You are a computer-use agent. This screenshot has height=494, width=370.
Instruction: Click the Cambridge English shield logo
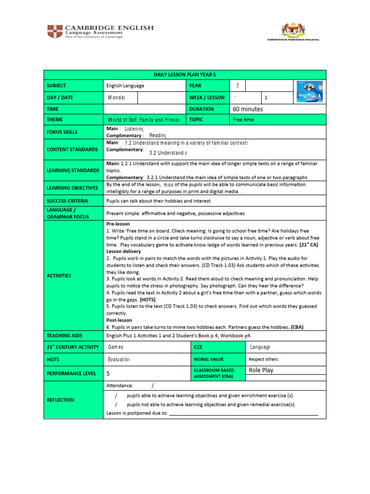[54, 32]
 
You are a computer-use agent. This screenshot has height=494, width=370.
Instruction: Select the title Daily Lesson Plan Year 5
[185, 75]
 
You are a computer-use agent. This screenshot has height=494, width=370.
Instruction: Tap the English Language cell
[125, 86]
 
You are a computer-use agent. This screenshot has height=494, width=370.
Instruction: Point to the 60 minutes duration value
[248, 109]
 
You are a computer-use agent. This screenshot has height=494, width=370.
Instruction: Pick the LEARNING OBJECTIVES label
[72, 188]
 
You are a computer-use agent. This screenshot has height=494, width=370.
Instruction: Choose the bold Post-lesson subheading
[119, 320]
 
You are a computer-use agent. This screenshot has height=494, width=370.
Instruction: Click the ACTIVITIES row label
[59, 275]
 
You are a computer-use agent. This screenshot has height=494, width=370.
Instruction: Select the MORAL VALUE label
[209, 359]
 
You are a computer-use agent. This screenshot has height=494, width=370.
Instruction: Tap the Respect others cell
[263, 359]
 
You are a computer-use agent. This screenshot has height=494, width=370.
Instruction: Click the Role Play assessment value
[261, 370]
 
